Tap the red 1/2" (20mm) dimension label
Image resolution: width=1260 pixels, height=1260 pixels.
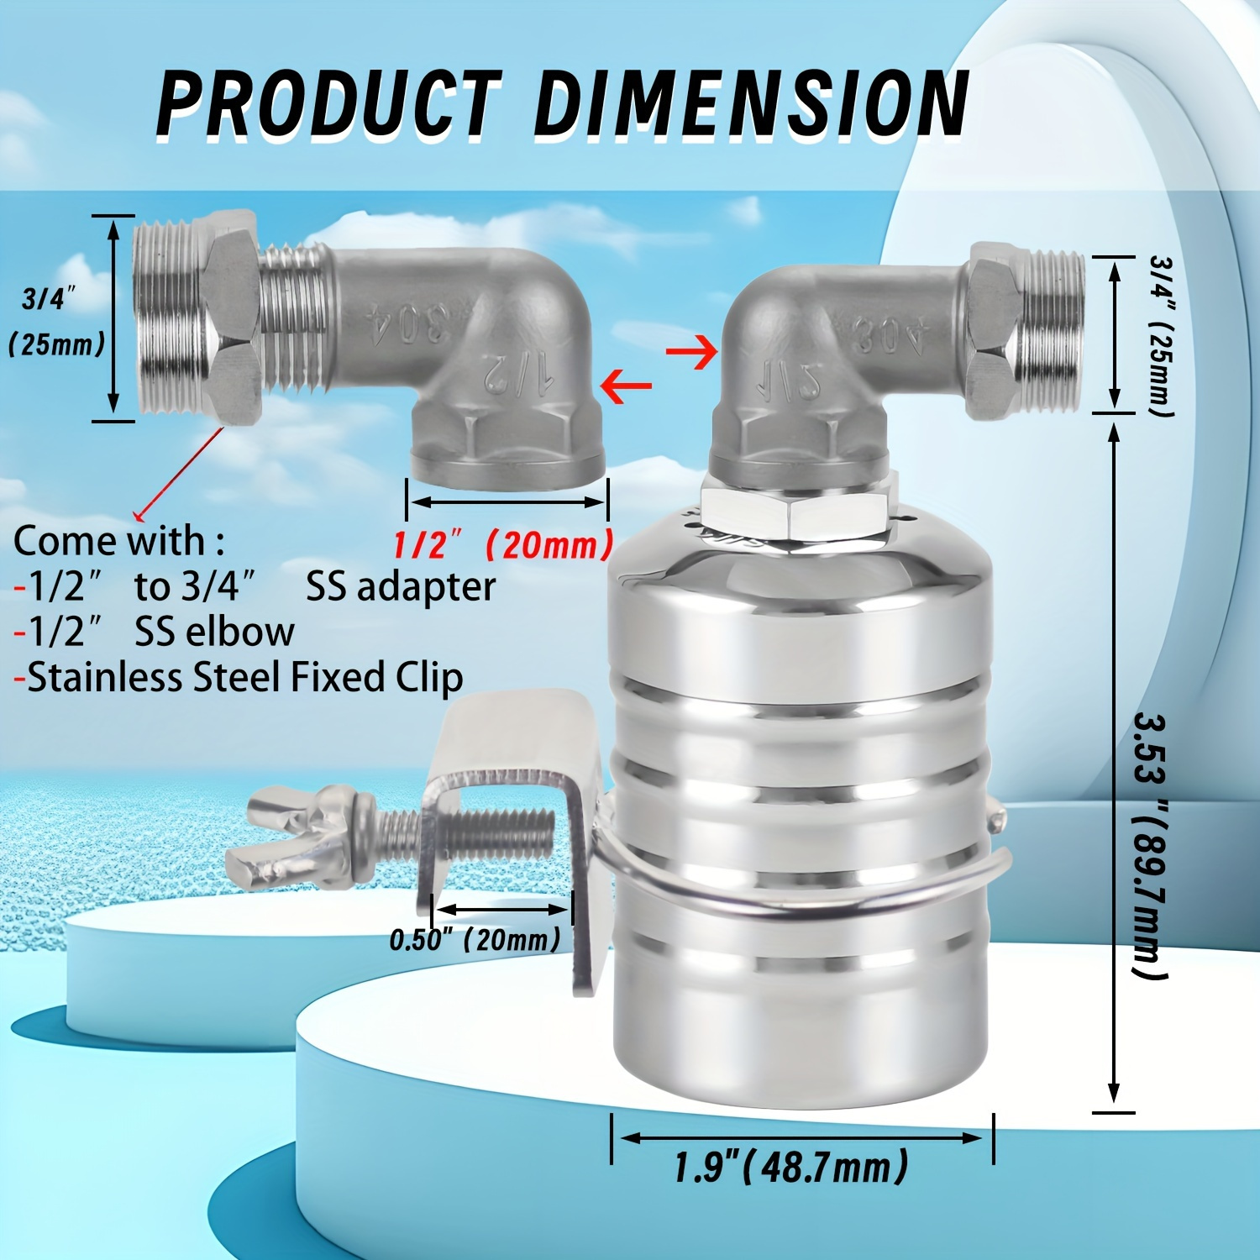pyautogui.click(x=502, y=546)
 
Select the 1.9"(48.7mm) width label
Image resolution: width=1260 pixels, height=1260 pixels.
pyautogui.click(x=790, y=1168)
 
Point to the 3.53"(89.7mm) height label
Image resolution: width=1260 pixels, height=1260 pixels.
pyautogui.click(x=1149, y=844)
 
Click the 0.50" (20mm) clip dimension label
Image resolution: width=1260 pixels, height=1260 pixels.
pyautogui.click(x=475, y=939)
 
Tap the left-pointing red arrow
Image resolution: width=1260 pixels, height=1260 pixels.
pyautogui.click(x=627, y=386)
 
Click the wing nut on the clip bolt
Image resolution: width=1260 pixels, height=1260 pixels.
pyautogui.click(x=298, y=836)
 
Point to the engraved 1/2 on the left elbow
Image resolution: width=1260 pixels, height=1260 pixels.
pyautogui.click(x=517, y=372)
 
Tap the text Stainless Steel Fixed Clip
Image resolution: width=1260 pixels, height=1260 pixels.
pyautogui.click(x=244, y=677)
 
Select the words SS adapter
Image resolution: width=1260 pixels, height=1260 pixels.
pyautogui.click(x=400, y=586)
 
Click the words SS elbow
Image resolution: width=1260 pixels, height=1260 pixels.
pyautogui.click(x=214, y=632)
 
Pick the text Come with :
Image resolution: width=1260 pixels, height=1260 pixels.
pyautogui.click(x=119, y=540)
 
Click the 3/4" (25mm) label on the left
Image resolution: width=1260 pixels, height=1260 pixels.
pyautogui.click(x=55, y=322)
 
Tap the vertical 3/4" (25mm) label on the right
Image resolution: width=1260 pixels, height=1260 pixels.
pyautogui.click(x=1162, y=336)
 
